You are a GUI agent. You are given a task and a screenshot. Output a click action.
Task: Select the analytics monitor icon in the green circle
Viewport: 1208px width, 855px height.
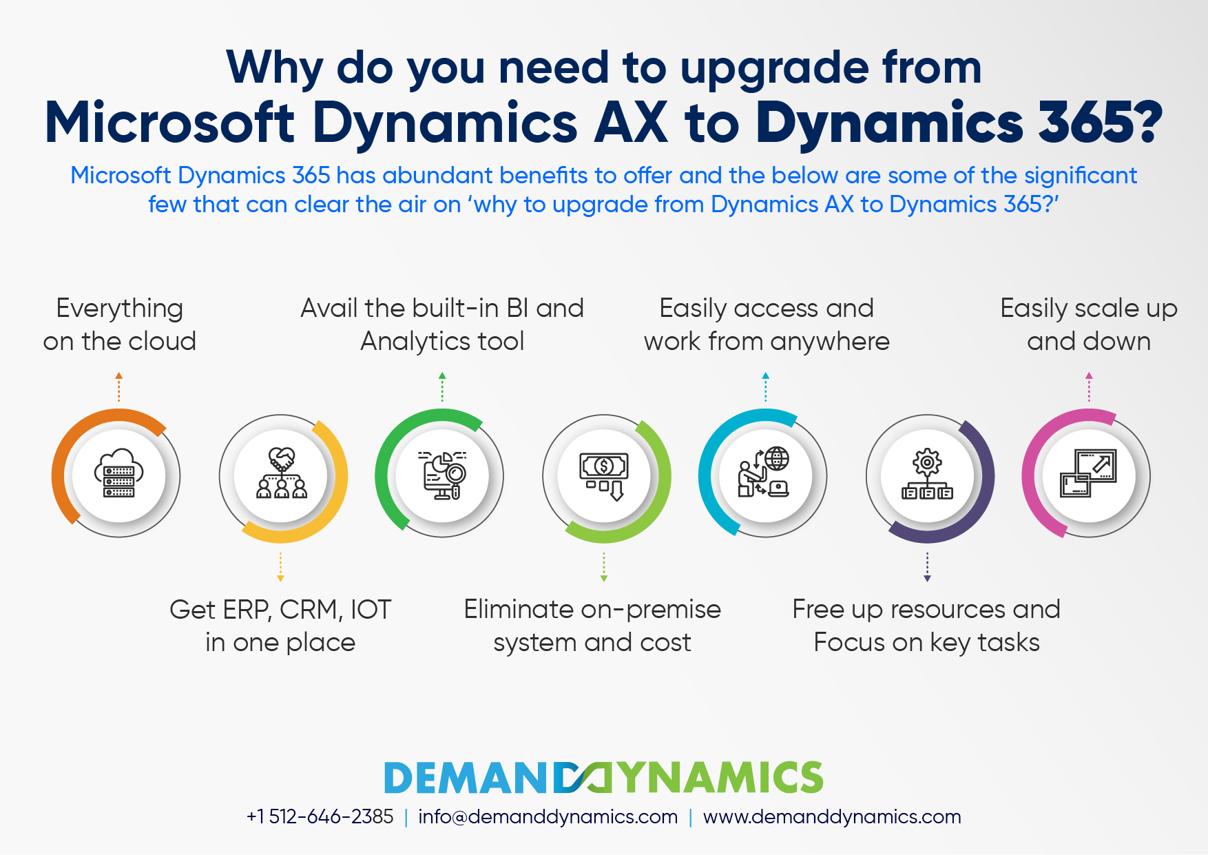pos(442,475)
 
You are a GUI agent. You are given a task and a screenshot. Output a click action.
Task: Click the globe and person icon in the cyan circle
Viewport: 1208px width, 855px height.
pos(764,472)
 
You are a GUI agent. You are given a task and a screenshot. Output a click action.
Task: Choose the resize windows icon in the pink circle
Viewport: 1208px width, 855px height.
pos(1089,473)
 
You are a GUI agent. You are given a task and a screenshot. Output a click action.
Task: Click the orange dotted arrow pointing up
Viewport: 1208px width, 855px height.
pos(118,387)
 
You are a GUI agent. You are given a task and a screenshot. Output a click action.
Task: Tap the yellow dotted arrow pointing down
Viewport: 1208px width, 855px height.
pos(280,567)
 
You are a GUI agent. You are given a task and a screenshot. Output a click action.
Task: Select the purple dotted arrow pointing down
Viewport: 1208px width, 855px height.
pos(927,567)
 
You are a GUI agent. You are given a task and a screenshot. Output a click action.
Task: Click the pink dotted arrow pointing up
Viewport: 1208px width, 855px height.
pos(1089,387)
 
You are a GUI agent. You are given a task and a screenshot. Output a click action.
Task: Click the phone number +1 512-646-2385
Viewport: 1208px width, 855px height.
pos(320,817)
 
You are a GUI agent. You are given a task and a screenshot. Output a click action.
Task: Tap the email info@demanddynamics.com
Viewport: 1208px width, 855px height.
pos(548,817)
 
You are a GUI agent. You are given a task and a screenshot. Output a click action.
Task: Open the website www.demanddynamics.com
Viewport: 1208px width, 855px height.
pos(832,817)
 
